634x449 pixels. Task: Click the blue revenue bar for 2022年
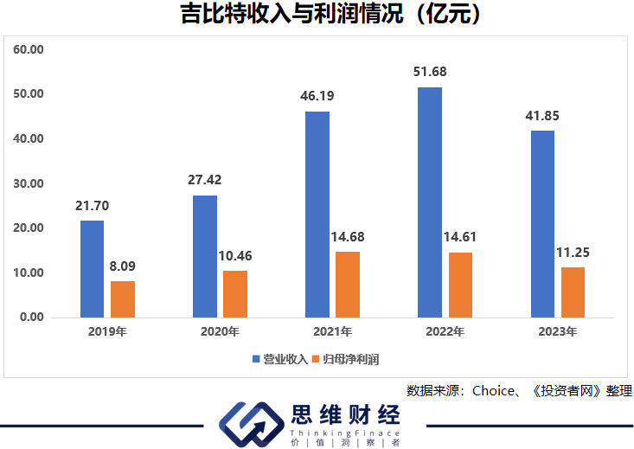pyautogui.click(x=429, y=202)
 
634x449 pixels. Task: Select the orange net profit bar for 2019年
pyautogui.click(x=123, y=299)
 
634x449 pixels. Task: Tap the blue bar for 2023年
pyautogui.click(x=542, y=224)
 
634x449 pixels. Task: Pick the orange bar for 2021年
pyautogui.click(x=348, y=285)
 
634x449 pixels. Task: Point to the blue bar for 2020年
pyautogui.click(x=205, y=256)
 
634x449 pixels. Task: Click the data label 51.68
pyautogui.click(x=430, y=72)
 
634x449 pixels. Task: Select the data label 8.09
pyautogui.click(x=122, y=266)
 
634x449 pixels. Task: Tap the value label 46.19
pyautogui.click(x=317, y=96)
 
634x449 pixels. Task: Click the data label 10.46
pyautogui.click(x=235, y=256)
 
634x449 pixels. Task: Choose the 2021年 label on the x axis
pyautogui.click(x=332, y=331)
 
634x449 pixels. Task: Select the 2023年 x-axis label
pyautogui.click(x=558, y=331)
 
